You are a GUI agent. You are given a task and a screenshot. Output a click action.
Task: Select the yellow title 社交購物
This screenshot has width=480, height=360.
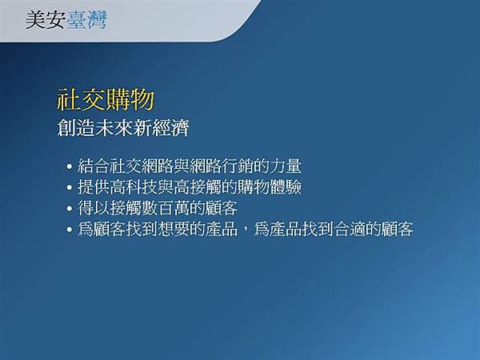pyautogui.click(x=105, y=102)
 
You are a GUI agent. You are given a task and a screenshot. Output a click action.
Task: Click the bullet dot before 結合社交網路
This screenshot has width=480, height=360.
pyautogui.click(x=70, y=168)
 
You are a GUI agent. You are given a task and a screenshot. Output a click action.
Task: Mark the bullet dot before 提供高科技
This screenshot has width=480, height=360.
pyautogui.click(x=70, y=189)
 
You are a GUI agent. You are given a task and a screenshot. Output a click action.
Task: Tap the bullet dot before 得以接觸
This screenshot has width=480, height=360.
pyautogui.click(x=70, y=210)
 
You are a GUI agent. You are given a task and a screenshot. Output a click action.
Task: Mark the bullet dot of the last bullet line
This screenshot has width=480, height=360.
pyautogui.click(x=70, y=230)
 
